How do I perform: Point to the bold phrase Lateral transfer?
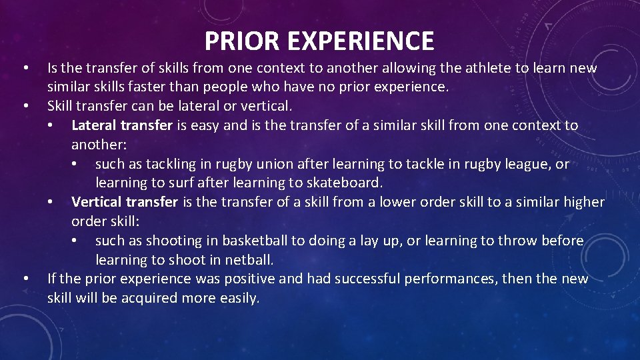click(122, 125)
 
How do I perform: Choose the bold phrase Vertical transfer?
click(125, 202)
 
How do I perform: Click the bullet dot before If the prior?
click(25, 279)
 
